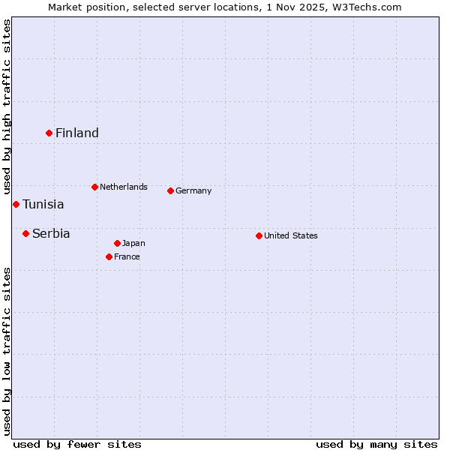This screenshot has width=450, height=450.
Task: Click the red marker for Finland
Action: click(x=49, y=133)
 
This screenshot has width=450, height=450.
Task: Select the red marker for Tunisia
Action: click(x=16, y=204)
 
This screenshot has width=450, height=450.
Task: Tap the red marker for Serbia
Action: click(x=25, y=233)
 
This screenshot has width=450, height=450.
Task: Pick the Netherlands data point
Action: click(x=94, y=187)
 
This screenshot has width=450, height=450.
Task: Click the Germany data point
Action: click(x=170, y=190)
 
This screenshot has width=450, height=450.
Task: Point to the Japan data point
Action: click(x=117, y=243)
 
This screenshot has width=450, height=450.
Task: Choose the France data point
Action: click(x=109, y=256)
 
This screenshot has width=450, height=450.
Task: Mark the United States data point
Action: click(x=259, y=235)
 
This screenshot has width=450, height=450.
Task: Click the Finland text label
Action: click(x=77, y=133)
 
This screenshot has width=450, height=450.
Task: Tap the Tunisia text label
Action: click(x=43, y=204)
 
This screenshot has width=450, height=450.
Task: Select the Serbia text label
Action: click(x=51, y=233)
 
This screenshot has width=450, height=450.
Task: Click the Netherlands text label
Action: click(x=124, y=187)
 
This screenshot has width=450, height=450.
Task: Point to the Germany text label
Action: click(x=193, y=190)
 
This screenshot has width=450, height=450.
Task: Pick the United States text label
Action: click(x=291, y=235)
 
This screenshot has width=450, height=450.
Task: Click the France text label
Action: click(x=127, y=256)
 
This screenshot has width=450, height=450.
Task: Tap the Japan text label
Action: click(x=133, y=243)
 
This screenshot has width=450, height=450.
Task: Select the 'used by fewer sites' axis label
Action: click(x=77, y=444)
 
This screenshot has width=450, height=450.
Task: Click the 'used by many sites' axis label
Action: click(x=376, y=444)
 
